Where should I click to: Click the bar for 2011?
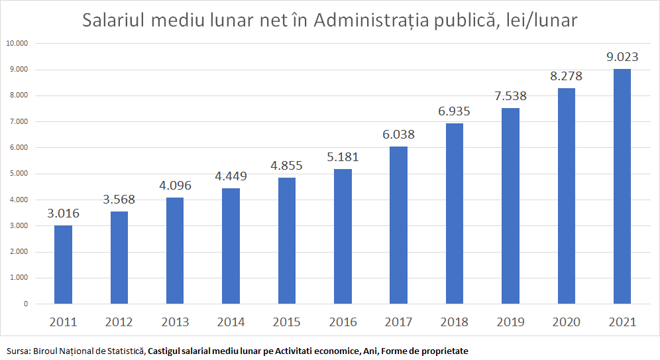(63, 265)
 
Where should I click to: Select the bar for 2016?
(343, 237)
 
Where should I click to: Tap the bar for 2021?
(622, 186)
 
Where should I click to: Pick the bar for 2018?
(455, 213)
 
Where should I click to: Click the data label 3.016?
(63, 213)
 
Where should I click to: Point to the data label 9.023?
(622, 57)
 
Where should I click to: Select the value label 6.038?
(398, 134)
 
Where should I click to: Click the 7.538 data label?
(510, 95)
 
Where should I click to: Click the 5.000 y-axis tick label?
(18, 174)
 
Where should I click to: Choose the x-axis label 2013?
(175, 322)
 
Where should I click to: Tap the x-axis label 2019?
(510, 322)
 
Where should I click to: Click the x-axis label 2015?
(287, 322)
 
